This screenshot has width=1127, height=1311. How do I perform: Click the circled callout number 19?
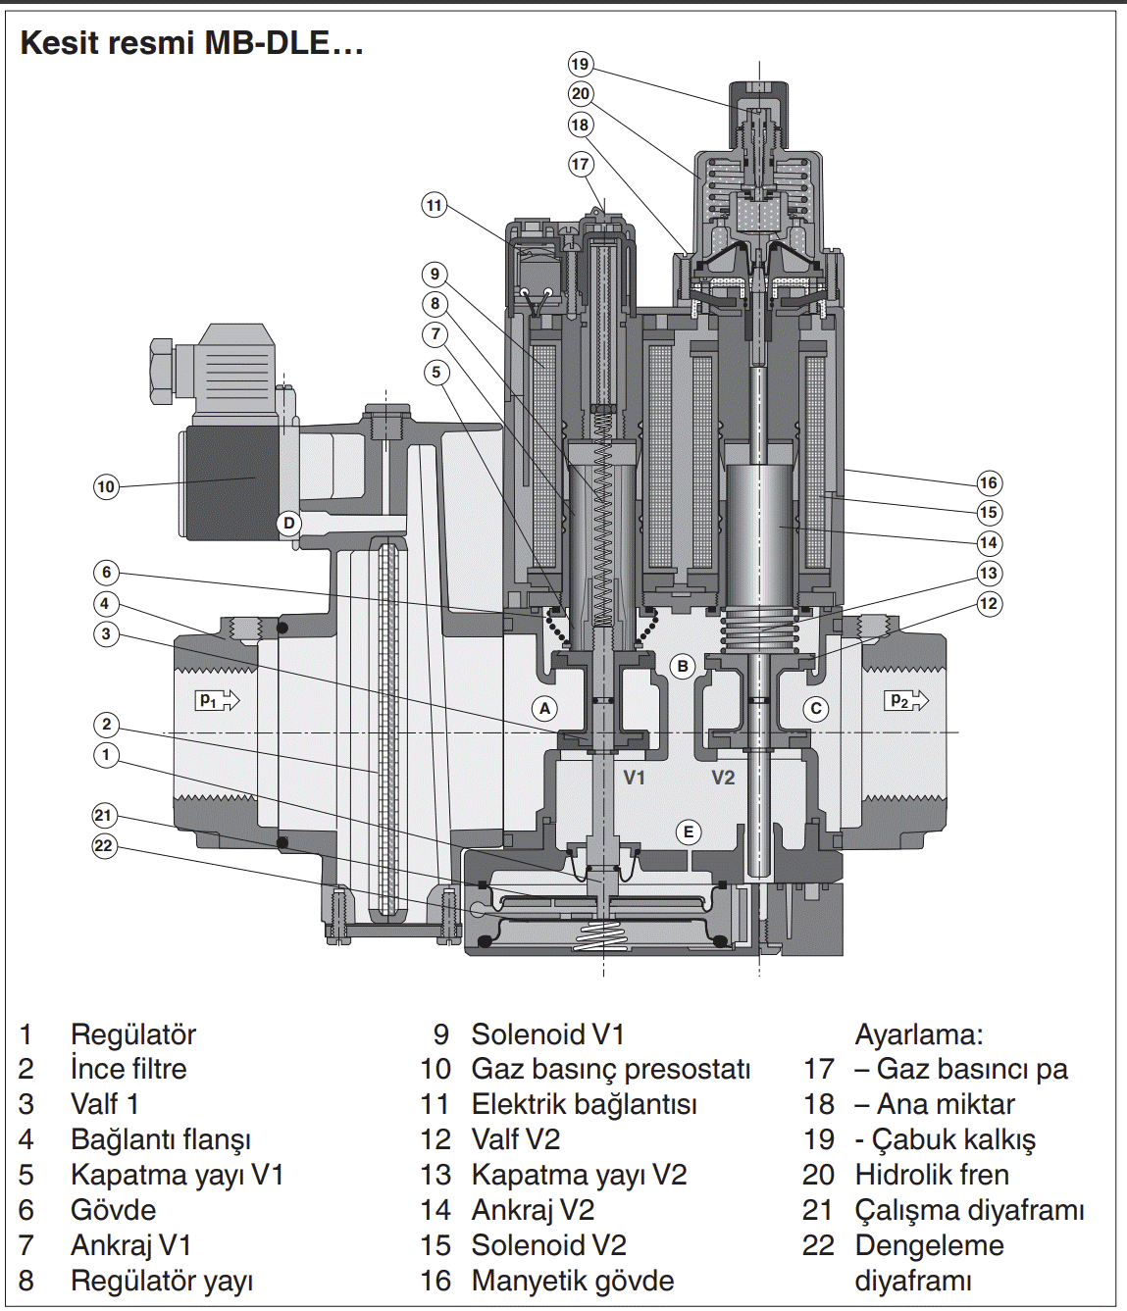click(x=580, y=65)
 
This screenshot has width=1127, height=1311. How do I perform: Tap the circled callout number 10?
click(x=106, y=486)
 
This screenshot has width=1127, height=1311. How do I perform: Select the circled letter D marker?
click(x=288, y=524)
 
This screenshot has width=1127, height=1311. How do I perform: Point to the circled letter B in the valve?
click(x=683, y=666)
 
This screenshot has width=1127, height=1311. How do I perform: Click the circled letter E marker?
click(x=689, y=832)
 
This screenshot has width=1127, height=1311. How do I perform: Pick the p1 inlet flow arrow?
click(x=218, y=700)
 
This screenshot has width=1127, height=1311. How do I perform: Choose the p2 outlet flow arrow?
click(x=905, y=700)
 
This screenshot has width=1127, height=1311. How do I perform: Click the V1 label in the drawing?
click(x=635, y=778)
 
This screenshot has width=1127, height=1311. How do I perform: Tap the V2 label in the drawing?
click(x=723, y=778)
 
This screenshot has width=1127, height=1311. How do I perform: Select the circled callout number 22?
click(x=104, y=846)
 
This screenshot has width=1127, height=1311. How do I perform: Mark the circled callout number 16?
click(x=989, y=482)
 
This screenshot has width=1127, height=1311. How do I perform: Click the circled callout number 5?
click(x=436, y=372)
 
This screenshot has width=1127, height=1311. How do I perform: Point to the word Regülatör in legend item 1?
click(x=133, y=1034)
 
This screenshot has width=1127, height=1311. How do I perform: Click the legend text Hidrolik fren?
click(x=932, y=1175)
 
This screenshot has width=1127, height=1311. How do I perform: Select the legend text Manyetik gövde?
click(x=573, y=1281)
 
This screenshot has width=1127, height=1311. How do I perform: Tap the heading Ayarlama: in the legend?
click(x=919, y=1034)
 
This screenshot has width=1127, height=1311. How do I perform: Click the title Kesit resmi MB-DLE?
click(x=192, y=43)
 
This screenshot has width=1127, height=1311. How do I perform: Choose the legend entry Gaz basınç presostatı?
click(x=611, y=1069)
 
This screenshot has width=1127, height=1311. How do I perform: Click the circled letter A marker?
click(x=545, y=708)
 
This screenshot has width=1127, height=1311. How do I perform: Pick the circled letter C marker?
click(x=816, y=708)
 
